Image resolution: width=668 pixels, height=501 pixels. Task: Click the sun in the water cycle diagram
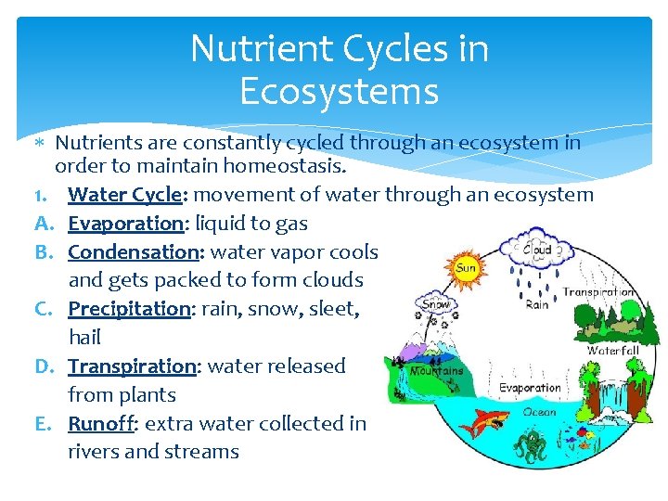click(x=466, y=266)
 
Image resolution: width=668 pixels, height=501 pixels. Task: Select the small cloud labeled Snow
click(x=436, y=303)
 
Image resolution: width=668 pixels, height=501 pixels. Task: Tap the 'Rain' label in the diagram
click(x=537, y=303)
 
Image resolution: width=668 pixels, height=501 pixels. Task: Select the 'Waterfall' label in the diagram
click(x=612, y=351)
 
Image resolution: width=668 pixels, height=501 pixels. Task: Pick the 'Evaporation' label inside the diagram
click(x=530, y=388)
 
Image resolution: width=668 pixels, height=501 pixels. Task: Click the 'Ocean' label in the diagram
click(x=541, y=411)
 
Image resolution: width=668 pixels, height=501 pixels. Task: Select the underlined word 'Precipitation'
click(x=129, y=309)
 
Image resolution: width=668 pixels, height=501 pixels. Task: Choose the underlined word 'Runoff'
click(x=100, y=423)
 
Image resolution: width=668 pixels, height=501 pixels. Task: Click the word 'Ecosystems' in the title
click(x=339, y=91)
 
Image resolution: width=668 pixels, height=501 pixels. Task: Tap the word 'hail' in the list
click(x=84, y=338)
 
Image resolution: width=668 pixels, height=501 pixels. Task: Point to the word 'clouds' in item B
click(x=331, y=280)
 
